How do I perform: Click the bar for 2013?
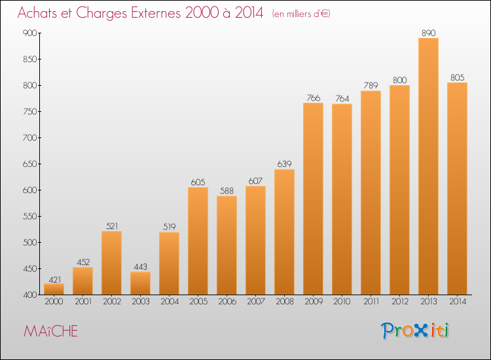[x=428, y=166]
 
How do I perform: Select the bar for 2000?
[x=54, y=289]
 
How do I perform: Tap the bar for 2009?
[x=313, y=199]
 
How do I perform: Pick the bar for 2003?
[x=140, y=283]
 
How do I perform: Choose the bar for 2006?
[x=227, y=245]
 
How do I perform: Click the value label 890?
[x=428, y=33]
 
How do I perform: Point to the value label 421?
[x=54, y=279]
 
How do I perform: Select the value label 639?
[x=284, y=164]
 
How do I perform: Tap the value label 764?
[x=342, y=99]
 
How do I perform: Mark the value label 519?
[x=169, y=226]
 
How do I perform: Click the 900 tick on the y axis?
[x=29, y=33]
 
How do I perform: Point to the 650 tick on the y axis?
[x=29, y=164]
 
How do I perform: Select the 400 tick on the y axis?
[x=29, y=295]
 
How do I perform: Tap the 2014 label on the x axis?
[x=458, y=302]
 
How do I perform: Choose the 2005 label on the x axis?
[x=198, y=302]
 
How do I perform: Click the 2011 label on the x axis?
[x=371, y=302]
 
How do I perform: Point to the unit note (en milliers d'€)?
[x=301, y=14]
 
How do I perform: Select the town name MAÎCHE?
[x=50, y=331]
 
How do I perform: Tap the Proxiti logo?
[x=415, y=331]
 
